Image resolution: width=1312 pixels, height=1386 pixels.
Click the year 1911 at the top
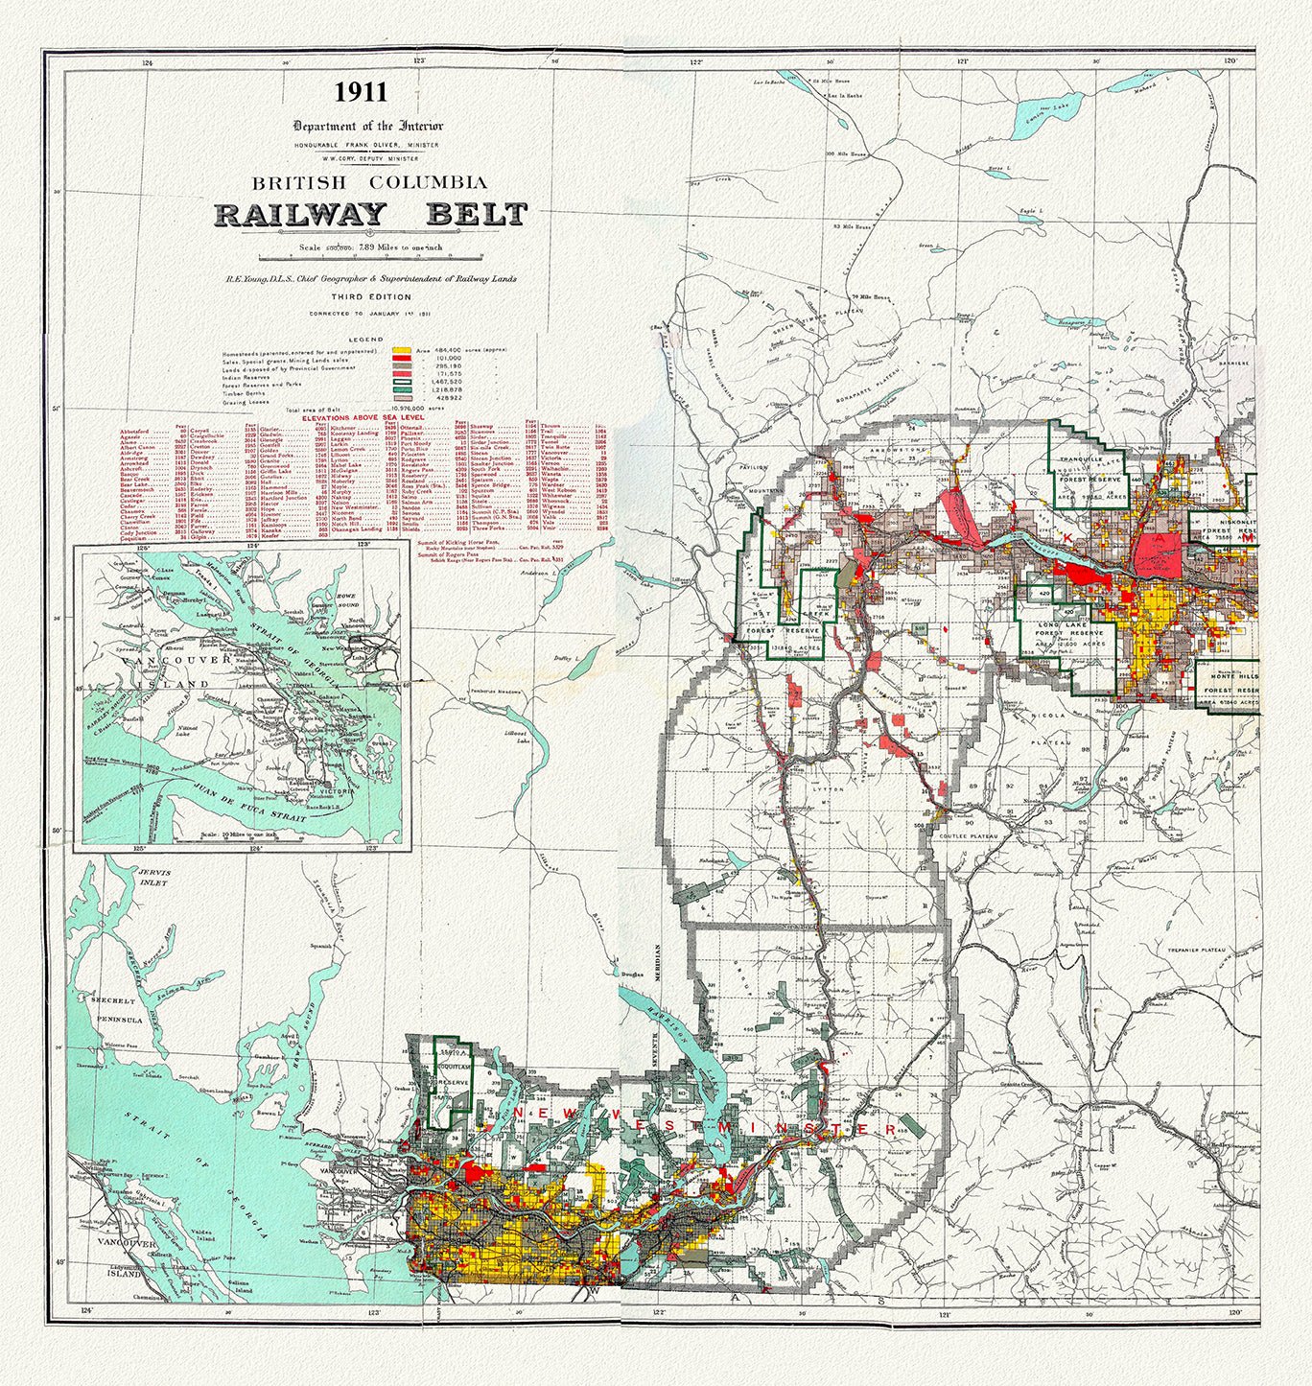tap(361, 92)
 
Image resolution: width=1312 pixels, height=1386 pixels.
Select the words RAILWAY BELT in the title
tap(370, 213)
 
